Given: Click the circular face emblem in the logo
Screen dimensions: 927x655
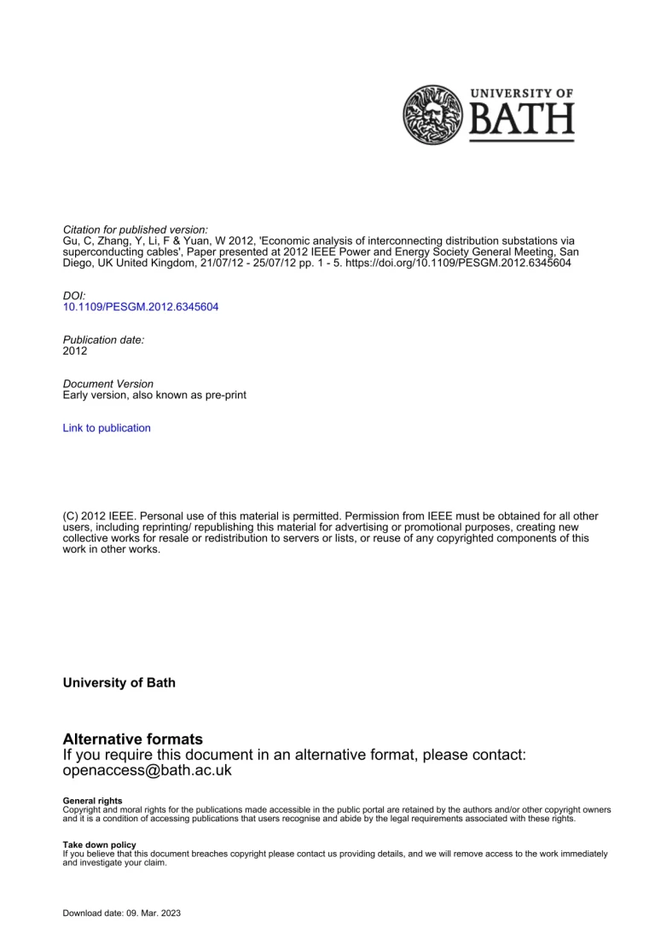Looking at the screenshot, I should tap(432, 114).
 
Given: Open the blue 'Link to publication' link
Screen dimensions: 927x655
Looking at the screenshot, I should tap(107, 428).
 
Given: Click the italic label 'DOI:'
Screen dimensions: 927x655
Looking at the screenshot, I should tap(75, 295).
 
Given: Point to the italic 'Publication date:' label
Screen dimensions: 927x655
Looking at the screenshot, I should tap(104, 339).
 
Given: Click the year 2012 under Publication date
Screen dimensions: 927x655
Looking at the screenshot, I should tap(75, 351).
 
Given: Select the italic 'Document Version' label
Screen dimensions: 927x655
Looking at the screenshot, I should tap(108, 384).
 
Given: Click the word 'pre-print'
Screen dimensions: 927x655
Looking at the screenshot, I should tap(225, 396).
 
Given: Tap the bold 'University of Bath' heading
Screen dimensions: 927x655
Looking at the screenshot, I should tap(119, 683).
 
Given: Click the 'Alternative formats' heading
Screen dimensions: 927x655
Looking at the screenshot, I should tap(133, 739).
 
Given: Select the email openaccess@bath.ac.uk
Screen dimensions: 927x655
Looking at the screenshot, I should tap(148, 770).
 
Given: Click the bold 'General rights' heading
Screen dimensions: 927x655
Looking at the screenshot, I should tap(92, 801).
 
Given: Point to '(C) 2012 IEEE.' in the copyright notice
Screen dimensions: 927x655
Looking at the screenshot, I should tap(100, 516).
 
